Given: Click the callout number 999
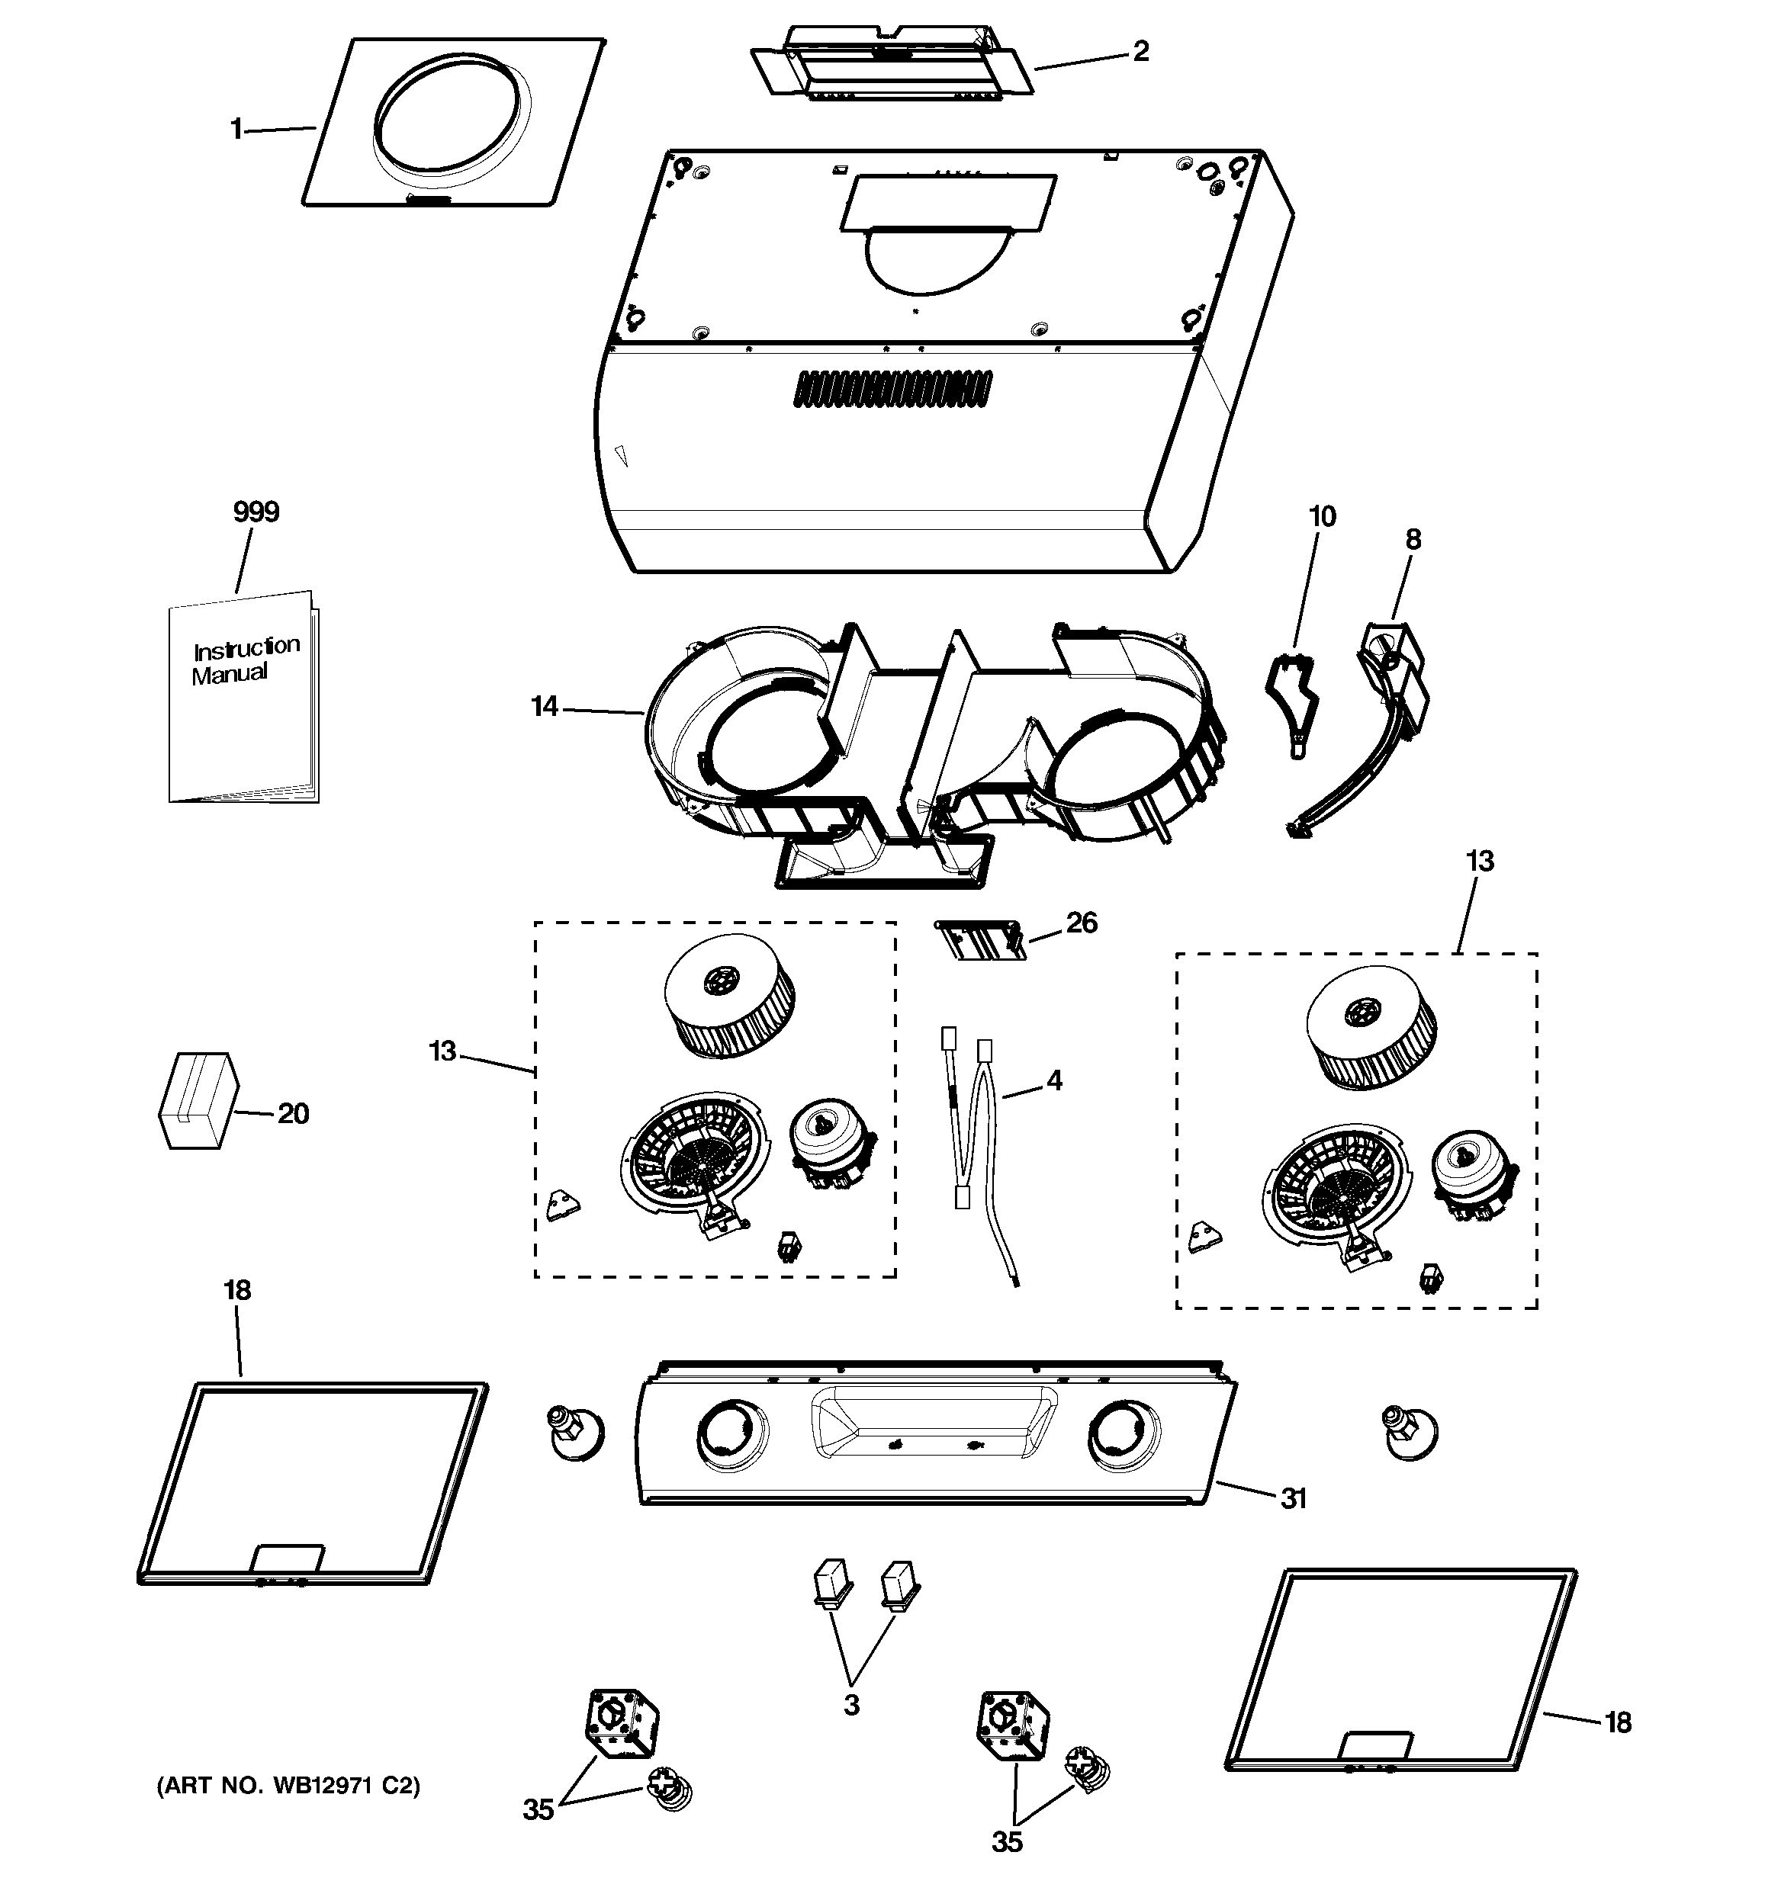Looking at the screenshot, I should click(x=256, y=513).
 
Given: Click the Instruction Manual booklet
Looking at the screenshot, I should click(x=243, y=698).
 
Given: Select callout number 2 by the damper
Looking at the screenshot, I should click(x=1140, y=51).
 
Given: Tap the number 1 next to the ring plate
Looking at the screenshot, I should click(x=236, y=129).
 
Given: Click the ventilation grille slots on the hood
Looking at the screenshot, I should click(x=893, y=388).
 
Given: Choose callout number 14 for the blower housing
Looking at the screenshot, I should click(x=544, y=706).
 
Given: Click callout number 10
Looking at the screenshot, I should click(x=1321, y=517).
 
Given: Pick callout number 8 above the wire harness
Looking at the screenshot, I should click(x=1412, y=539).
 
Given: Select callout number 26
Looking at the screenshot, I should click(x=1081, y=923).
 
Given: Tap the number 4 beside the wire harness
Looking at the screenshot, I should click(x=1054, y=1080).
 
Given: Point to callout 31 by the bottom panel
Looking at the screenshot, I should click(x=1293, y=1497).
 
